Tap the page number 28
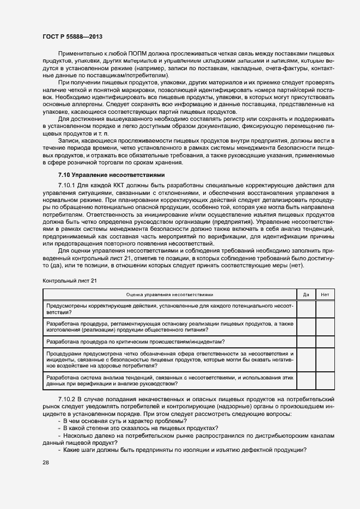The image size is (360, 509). click(x=46, y=462)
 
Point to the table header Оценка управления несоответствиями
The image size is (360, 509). click(x=170, y=294)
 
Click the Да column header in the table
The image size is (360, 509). click(x=306, y=294)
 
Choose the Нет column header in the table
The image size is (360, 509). click(x=325, y=294)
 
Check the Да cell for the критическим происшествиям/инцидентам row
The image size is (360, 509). click(x=306, y=341)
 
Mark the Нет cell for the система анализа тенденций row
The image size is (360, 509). click(x=325, y=380)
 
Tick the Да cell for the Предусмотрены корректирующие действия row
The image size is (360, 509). click(x=306, y=309)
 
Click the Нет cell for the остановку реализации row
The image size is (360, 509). click(x=325, y=327)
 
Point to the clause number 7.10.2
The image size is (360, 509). click(x=69, y=400)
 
